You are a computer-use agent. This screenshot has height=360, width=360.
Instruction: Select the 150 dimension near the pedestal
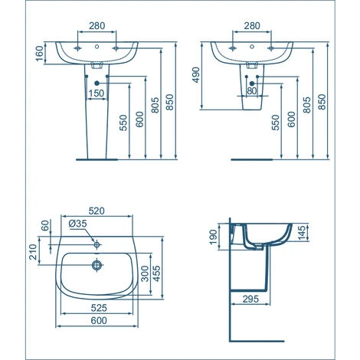[x=97, y=93]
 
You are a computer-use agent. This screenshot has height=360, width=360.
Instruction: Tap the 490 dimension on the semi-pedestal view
[x=195, y=74]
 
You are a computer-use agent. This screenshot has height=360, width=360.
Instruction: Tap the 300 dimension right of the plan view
[x=145, y=273]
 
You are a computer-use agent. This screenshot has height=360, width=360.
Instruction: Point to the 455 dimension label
[x=157, y=273]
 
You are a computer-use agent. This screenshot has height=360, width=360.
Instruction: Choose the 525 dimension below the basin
[x=97, y=309]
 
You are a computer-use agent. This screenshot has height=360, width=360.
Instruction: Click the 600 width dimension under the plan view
[x=97, y=322]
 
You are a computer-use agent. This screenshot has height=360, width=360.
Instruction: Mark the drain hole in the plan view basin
[x=97, y=266]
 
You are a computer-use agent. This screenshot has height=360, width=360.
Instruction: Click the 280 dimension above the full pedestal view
[x=97, y=25]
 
